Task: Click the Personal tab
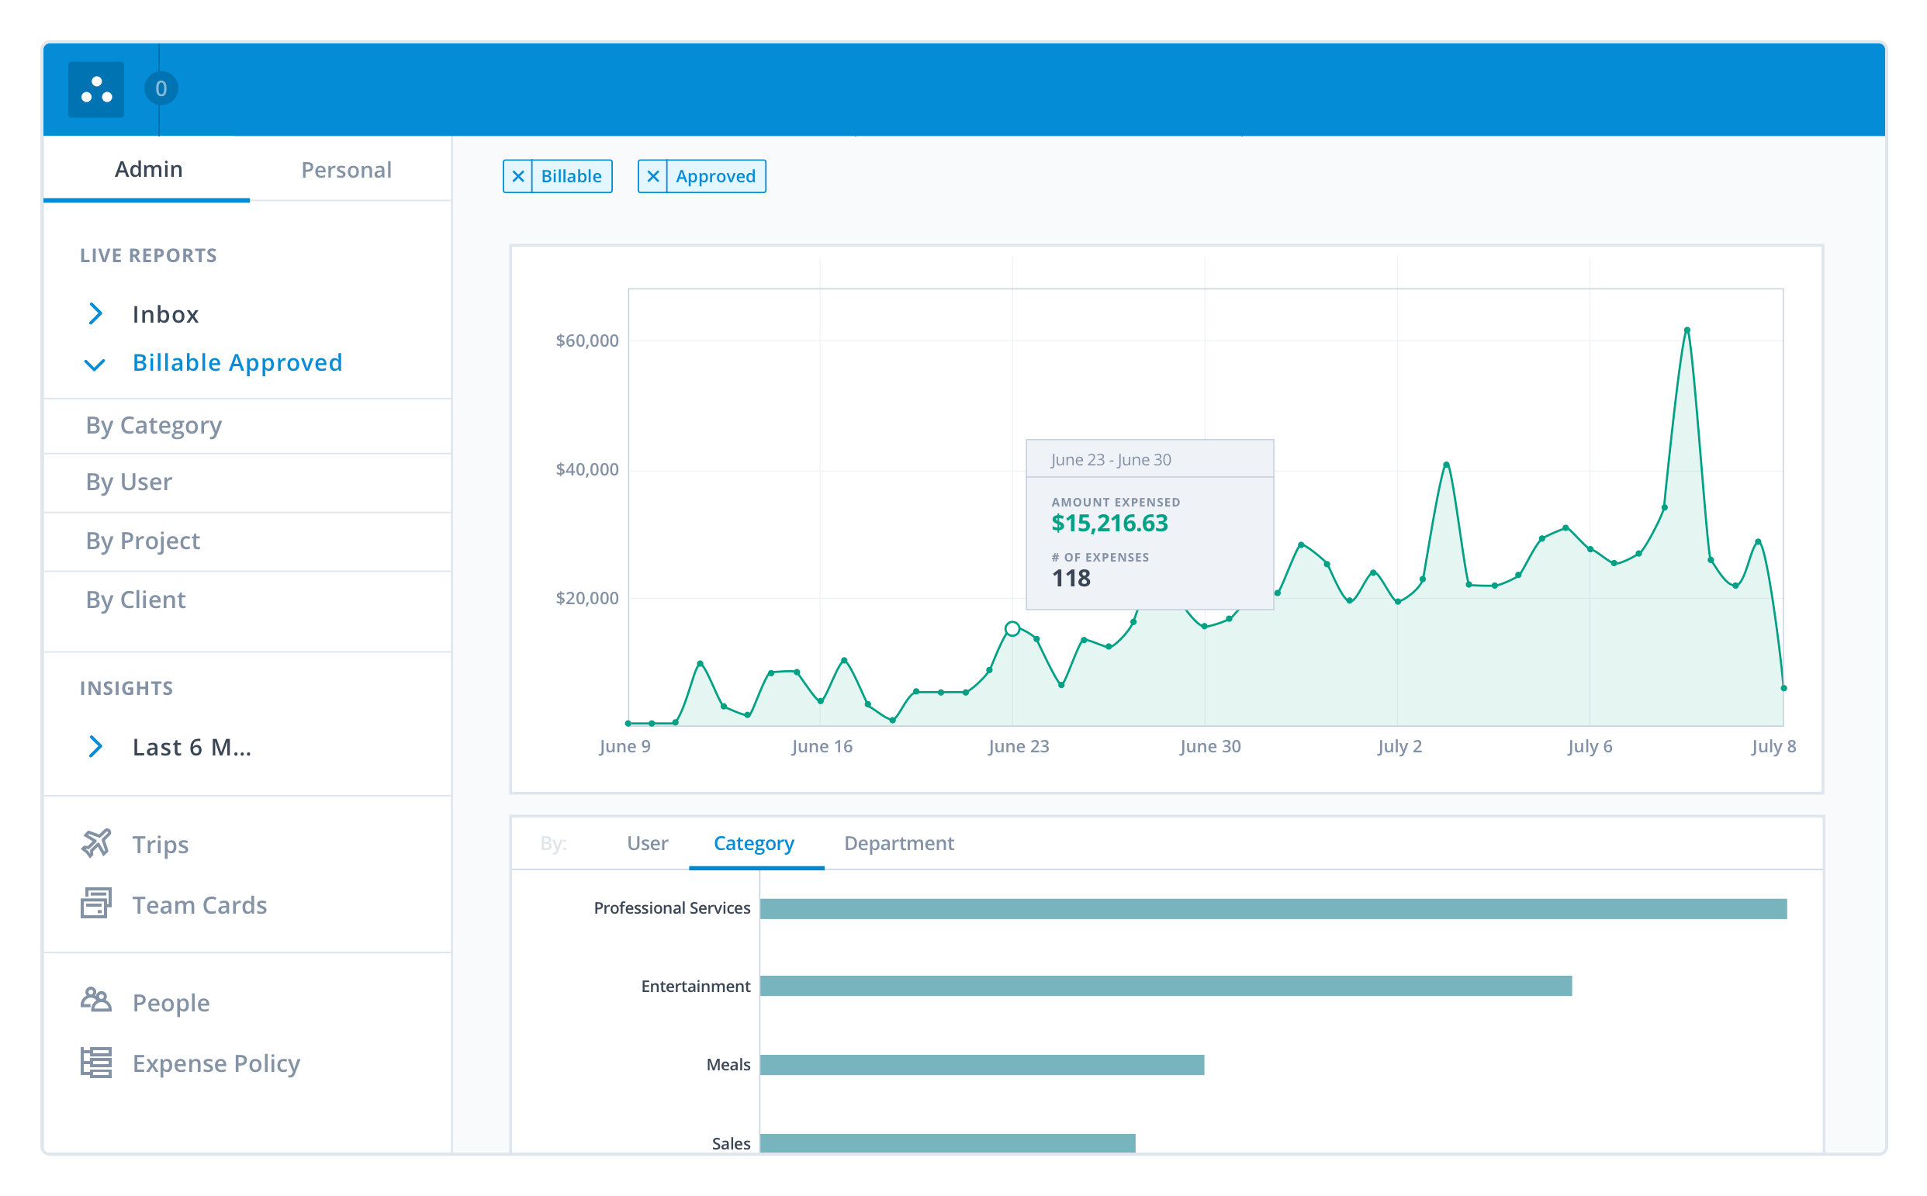(346, 170)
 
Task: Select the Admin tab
(149, 169)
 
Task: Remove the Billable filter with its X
(518, 176)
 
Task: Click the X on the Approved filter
(652, 176)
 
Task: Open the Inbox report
(164, 315)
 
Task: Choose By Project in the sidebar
(144, 541)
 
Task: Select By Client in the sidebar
(136, 600)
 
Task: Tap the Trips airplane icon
(96, 843)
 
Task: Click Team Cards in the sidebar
(199, 905)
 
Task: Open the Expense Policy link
(216, 1063)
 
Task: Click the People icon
(96, 1001)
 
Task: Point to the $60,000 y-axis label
(587, 341)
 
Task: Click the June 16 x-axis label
(822, 747)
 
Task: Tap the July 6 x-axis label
(1590, 747)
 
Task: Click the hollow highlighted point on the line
(1012, 629)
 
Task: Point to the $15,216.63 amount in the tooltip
(1109, 524)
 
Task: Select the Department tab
(898, 843)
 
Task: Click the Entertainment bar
(1165, 986)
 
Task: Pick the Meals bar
(981, 1065)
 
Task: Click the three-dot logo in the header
(96, 89)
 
